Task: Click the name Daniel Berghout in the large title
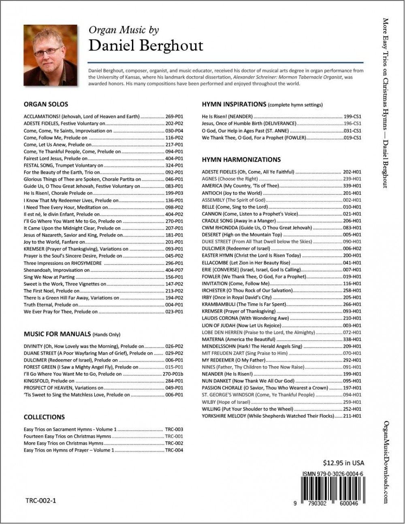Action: click(x=146, y=46)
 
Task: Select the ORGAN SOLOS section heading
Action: click(x=46, y=104)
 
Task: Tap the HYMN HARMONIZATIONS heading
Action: click(x=241, y=160)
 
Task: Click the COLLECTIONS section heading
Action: click(x=44, y=417)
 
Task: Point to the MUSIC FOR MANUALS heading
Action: click(x=57, y=334)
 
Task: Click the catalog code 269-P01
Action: click(x=174, y=117)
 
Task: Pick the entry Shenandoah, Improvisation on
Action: click(x=57, y=270)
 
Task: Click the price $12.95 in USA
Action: click(x=343, y=462)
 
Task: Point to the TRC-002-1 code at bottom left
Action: click(x=40, y=501)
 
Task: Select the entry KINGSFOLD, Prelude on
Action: click(x=49, y=381)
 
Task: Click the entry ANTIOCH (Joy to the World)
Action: click(x=232, y=193)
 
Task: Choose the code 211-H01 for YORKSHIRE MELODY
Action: click(x=352, y=416)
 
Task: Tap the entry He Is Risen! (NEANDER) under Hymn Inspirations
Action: click(x=227, y=117)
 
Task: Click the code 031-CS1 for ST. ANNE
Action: click(x=352, y=131)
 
